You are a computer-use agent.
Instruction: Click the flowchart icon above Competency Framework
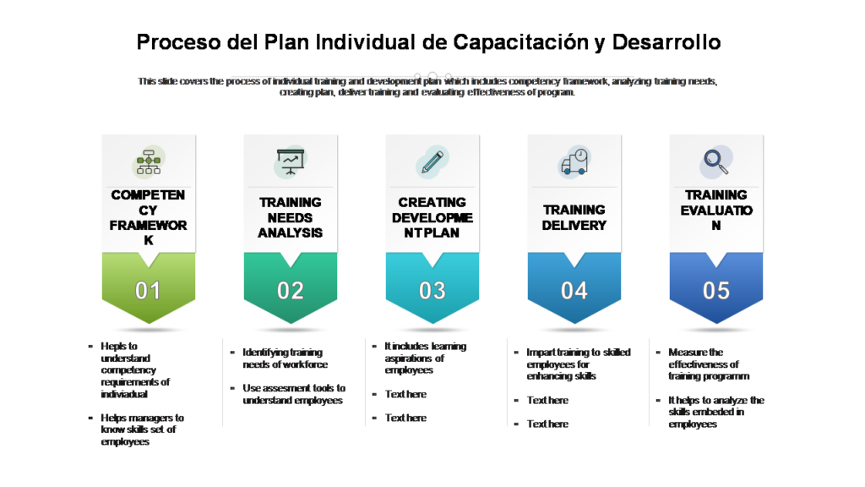tap(149, 161)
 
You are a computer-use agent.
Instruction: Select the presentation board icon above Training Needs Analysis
tap(291, 161)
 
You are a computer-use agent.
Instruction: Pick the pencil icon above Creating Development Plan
tap(432, 161)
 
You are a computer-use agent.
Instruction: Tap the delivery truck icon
tap(574, 161)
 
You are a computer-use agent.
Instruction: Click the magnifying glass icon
tap(715, 161)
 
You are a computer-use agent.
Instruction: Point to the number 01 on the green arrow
tap(149, 291)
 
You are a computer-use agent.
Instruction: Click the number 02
tap(291, 291)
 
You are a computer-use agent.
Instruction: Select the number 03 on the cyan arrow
tap(432, 291)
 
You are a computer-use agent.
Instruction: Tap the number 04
tap(574, 291)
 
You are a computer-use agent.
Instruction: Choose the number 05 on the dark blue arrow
tap(716, 291)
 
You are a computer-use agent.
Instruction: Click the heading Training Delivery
tap(574, 217)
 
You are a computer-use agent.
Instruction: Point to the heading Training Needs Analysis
tap(291, 217)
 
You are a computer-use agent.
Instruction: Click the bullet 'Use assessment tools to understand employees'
tap(294, 394)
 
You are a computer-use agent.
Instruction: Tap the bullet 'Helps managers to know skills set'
tap(142, 430)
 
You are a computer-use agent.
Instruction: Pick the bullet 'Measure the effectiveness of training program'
tap(708, 364)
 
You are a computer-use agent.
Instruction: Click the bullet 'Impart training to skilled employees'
tap(578, 364)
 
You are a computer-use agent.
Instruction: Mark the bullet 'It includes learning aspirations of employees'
tap(425, 358)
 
